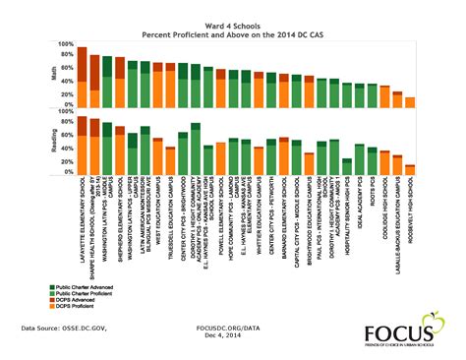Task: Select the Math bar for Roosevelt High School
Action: pos(410,100)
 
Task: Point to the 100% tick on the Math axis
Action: pos(64,44)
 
